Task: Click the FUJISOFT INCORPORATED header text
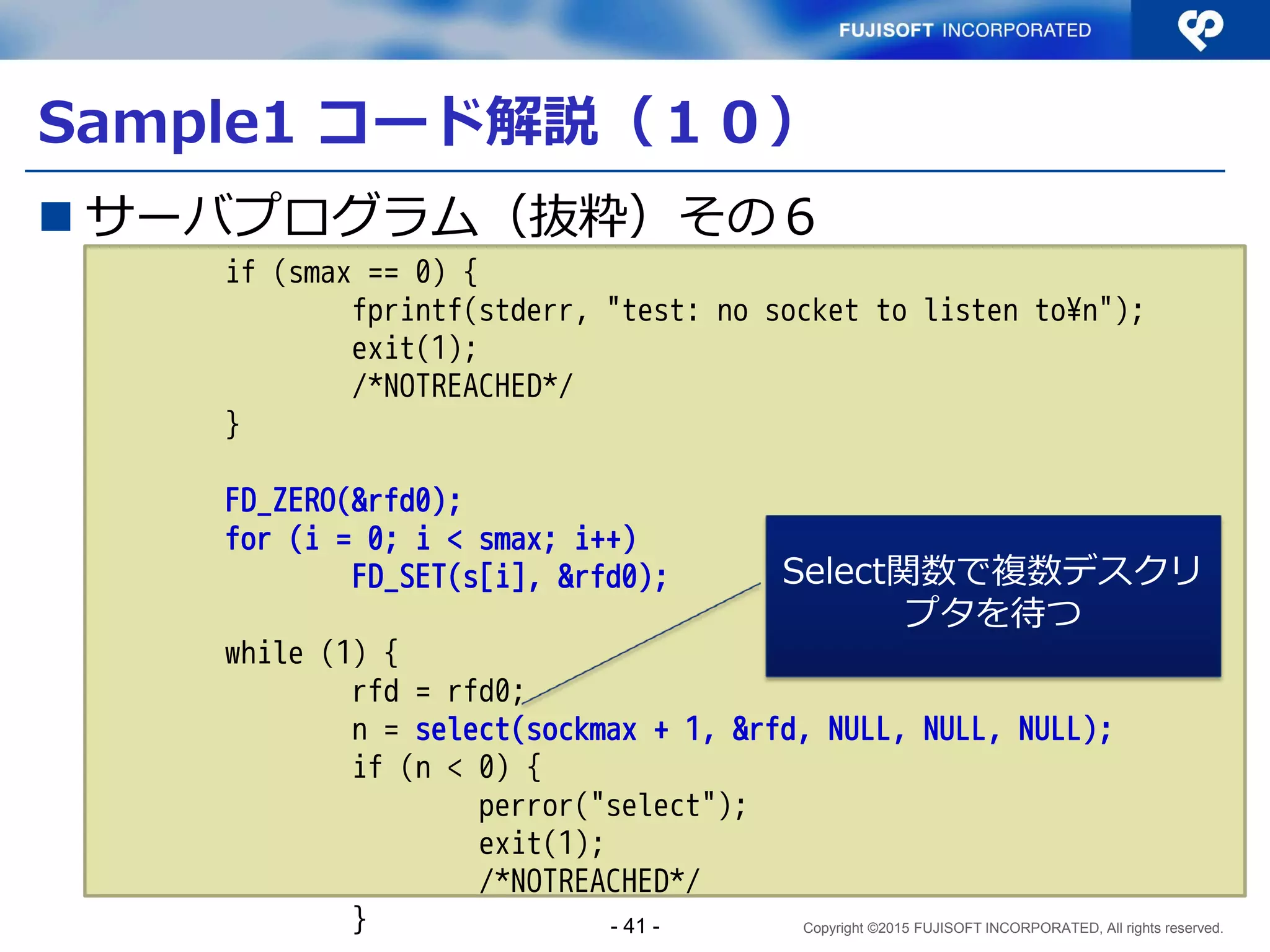pyautogui.click(x=964, y=30)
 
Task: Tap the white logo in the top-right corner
pyautogui.click(x=1200, y=29)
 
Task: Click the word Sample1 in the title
pyautogui.click(x=166, y=122)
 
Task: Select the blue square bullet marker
pyautogui.click(x=56, y=216)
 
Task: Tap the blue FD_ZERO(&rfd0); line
pyautogui.click(x=342, y=501)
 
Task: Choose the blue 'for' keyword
pyautogui.click(x=248, y=539)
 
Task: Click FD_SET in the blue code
pyautogui.click(x=398, y=577)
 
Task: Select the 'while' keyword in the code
pyautogui.click(x=264, y=653)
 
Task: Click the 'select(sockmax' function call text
pyautogui.click(x=526, y=729)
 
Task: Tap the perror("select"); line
pyautogui.click(x=612, y=806)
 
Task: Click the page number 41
pyautogui.click(x=635, y=926)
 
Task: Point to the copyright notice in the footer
pyautogui.click(x=1013, y=928)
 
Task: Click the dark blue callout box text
pyautogui.click(x=993, y=591)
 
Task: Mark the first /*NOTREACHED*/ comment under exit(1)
pyautogui.click(x=462, y=386)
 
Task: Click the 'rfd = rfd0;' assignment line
pyautogui.click(x=438, y=691)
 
